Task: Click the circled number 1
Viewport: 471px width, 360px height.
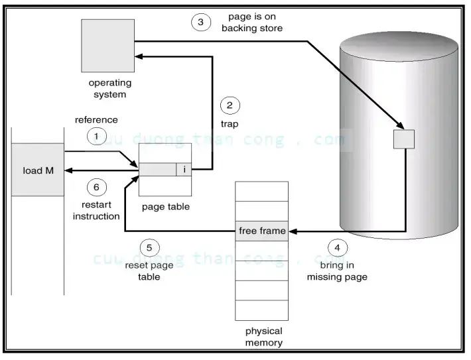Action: [x=97, y=136]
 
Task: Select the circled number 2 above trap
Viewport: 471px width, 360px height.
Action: [x=230, y=105]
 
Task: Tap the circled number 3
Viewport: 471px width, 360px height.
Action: [x=200, y=22]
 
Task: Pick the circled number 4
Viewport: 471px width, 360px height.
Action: [x=337, y=248]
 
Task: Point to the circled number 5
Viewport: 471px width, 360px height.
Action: [x=149, y=248]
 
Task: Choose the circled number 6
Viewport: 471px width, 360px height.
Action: [x=97, y=187]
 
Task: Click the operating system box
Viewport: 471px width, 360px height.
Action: [x=108, y=46]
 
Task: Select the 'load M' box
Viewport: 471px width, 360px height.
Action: [x=38, y=170]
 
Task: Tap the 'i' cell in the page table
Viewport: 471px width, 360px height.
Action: [x=184, y=170]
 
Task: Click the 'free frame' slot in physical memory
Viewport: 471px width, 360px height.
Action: [x=262, y=231]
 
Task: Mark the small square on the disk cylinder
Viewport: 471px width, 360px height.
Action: [x=403, y=139]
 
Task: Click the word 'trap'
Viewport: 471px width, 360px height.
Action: [x=230, y=123]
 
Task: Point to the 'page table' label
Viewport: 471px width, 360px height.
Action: [x=165, y=207]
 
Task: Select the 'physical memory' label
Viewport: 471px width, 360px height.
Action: [x=263, y=337]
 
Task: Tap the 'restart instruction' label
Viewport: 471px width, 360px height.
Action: [x=96, y=211]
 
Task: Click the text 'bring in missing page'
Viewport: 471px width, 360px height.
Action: [x=337, y=270]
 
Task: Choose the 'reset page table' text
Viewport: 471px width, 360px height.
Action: [x=149, y=270]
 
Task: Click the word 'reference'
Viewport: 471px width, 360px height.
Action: [x=96, y=120]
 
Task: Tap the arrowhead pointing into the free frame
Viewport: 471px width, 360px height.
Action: [x=293, y=231]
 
